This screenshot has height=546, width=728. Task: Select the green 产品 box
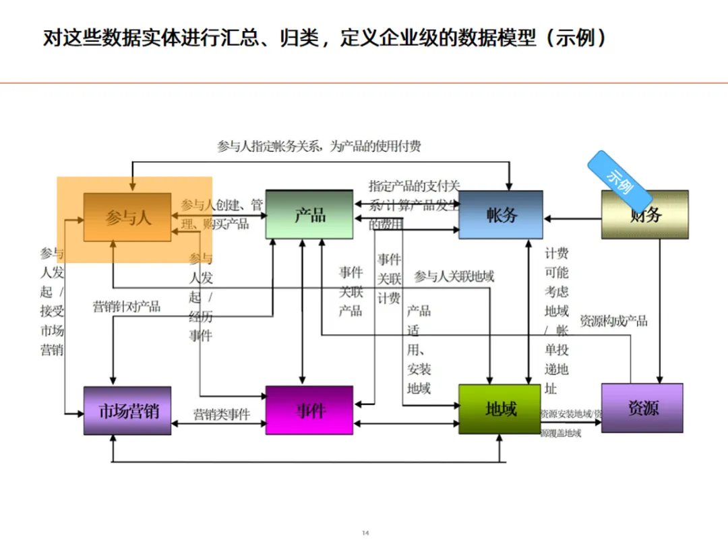click(309, 214)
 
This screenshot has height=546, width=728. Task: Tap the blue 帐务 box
click(501, 215)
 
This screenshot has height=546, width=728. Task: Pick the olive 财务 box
click(645, 215)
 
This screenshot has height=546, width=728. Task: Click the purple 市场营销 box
click(127, 411)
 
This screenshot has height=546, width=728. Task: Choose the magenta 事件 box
click(309, 410)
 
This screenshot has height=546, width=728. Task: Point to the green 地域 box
click(499, 409)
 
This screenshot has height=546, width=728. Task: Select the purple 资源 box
click(642, 408)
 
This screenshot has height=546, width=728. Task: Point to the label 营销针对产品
click(127, 307)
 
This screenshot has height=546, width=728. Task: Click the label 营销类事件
click(221, 415)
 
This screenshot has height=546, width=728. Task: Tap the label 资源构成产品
click(613, 321)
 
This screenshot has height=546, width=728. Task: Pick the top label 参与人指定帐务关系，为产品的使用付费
click(319, 146)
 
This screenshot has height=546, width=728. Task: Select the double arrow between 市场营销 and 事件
click(218, 424)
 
